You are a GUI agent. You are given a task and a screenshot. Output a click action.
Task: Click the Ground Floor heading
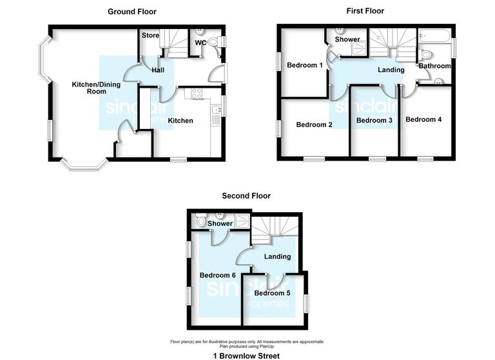pyautogui.click(x=131, y=12)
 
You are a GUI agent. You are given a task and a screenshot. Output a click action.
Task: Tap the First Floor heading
pyautogui.click(x=365, y=11)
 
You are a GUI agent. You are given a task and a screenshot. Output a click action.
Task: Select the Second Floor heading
pyautogui.click(x=246, y=195)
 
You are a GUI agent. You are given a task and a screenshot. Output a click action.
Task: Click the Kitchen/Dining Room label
pyautogui.click(x=88, y=88)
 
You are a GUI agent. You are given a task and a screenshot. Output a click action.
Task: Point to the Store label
pyautogui.click(x=150, y=35)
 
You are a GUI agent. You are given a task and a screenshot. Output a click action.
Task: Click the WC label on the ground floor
pyautogui.click(x=200, y=43)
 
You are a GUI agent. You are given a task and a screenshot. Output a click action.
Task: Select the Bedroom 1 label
pyautogui.click(x=305, y=65)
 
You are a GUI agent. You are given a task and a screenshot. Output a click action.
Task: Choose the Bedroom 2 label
pyautogui.click(x=314, y=125)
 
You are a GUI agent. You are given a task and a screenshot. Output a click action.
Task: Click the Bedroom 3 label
pyautogui.click(x=374, y=120)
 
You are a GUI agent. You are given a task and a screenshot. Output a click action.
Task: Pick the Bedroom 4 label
pyautogui.click(x=423, y=119)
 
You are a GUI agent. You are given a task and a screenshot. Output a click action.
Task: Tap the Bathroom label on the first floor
pyautogui.click(x=434, y=66)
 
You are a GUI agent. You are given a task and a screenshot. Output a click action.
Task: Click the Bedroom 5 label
pyautogui.click(x=272, y=294)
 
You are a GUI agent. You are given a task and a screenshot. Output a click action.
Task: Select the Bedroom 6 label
pyautogui.click(x=217, y=275)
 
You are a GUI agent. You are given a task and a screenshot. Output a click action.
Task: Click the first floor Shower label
pyautogui.click(x=347, y=40)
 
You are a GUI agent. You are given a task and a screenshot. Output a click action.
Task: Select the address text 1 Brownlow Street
pyautogui.click(x=246, y=355)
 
